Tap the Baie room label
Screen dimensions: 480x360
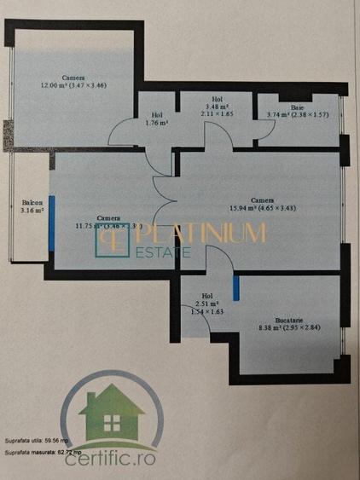[x=297, y=107]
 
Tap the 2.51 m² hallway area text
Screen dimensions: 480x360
[x=205, y=303]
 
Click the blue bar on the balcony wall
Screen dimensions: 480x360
[x=52, y=221]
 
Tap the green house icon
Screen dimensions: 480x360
[x=108, y=413]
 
